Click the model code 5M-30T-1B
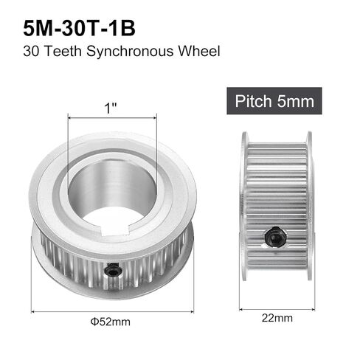79,28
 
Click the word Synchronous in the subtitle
130,52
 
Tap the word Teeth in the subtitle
63,51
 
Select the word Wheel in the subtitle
199,51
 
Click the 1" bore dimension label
111,108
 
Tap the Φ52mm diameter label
111,322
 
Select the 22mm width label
277,318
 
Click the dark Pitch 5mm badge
274,101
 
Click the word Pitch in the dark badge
253,101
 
